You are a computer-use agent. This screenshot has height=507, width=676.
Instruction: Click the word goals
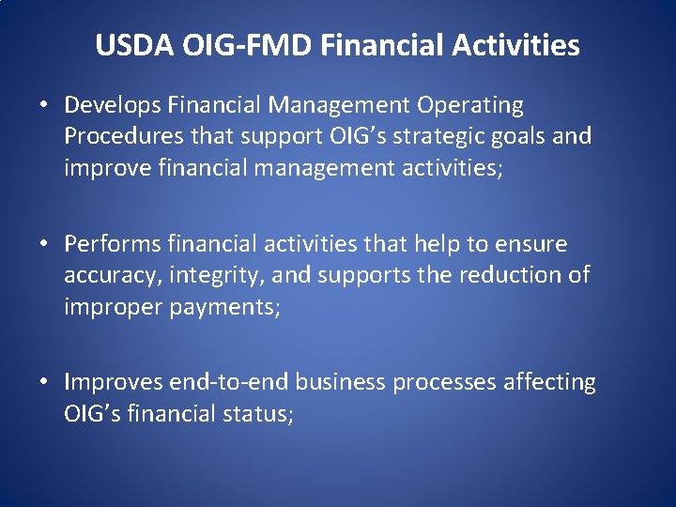[519, 136]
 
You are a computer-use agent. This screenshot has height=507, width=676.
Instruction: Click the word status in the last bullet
[259, 412]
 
